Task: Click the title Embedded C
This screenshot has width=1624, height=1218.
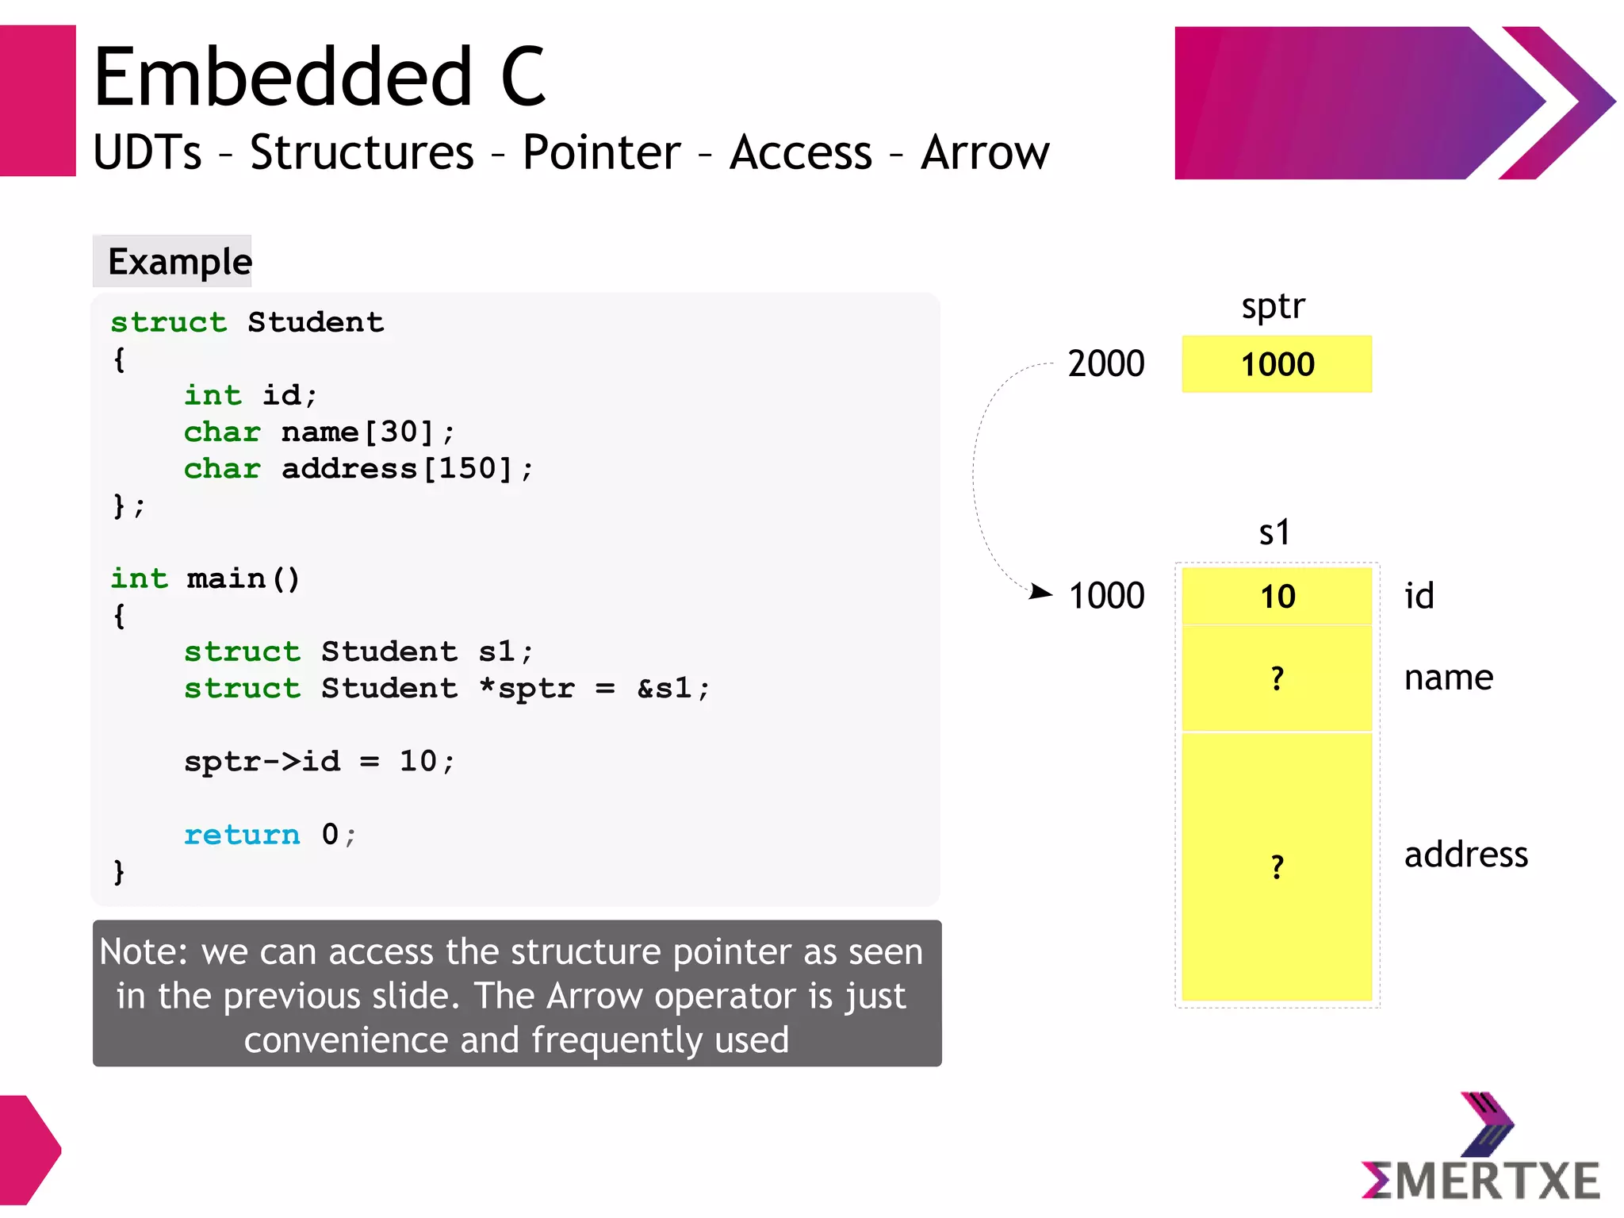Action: (319, 77)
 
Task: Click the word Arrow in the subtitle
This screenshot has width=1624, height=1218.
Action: (984, 152)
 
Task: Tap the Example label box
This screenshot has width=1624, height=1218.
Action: (172, 261)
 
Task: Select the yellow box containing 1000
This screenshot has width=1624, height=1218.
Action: (1276, 364)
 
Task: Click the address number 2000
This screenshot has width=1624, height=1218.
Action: (1105, 364)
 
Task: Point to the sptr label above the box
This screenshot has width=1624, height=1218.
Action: (1273, 306)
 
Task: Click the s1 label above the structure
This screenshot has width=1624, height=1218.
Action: (1274, 532)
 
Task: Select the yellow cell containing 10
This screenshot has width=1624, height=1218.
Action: (1276, 597)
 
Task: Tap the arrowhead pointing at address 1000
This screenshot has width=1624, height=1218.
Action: (1041, 592)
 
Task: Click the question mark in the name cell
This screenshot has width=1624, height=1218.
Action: (1277, 679)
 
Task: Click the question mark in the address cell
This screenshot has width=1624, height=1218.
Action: (1277, 867)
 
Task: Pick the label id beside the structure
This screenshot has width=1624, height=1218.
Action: (1419, 597)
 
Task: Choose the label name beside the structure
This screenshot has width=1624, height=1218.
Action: (1448, 678)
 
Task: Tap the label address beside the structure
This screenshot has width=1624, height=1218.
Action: (1465, 855)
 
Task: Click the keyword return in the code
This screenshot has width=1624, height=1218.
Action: (242, 835)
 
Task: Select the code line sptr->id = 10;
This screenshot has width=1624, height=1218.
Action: (320, 762)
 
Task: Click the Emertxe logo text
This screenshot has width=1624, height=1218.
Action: (1480, 1180)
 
